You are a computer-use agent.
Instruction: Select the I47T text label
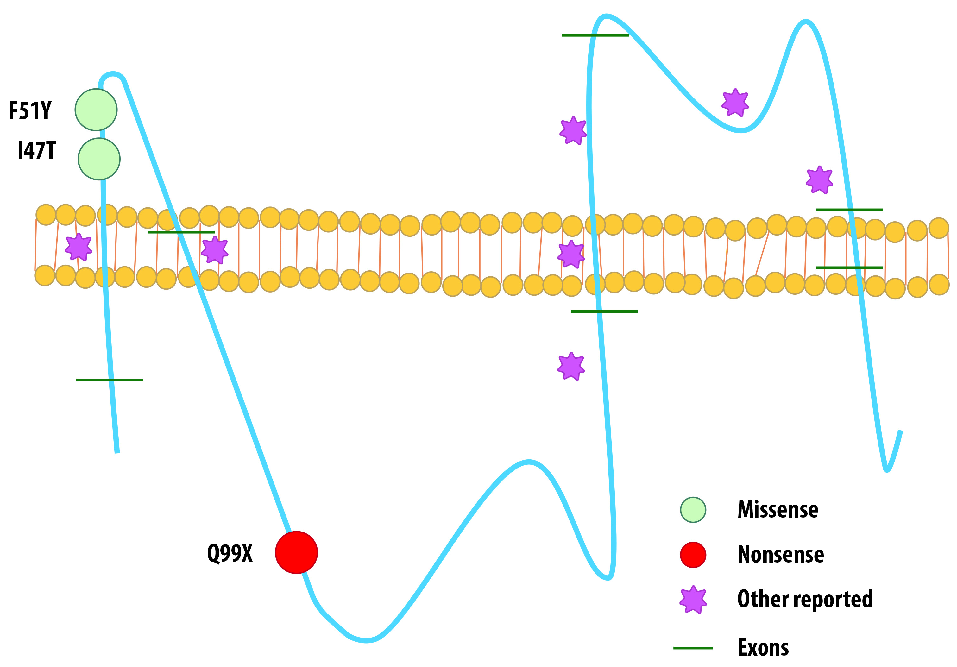37,151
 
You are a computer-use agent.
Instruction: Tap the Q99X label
230,553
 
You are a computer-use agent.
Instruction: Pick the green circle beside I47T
99,159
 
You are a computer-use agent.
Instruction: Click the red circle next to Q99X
296,552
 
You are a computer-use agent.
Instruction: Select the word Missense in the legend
778,509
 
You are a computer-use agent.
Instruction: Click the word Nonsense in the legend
781,554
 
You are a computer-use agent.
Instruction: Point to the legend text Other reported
805,599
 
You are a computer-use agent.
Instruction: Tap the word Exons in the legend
763,647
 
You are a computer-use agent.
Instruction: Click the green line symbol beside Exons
693,648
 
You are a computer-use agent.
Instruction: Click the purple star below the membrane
571,367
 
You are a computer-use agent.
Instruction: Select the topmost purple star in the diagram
735,103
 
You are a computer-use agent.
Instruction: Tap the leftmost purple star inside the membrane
79,247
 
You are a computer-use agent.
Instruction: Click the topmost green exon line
595,35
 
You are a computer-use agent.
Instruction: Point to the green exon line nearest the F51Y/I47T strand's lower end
109,380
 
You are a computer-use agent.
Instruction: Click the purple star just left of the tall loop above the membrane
573,130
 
